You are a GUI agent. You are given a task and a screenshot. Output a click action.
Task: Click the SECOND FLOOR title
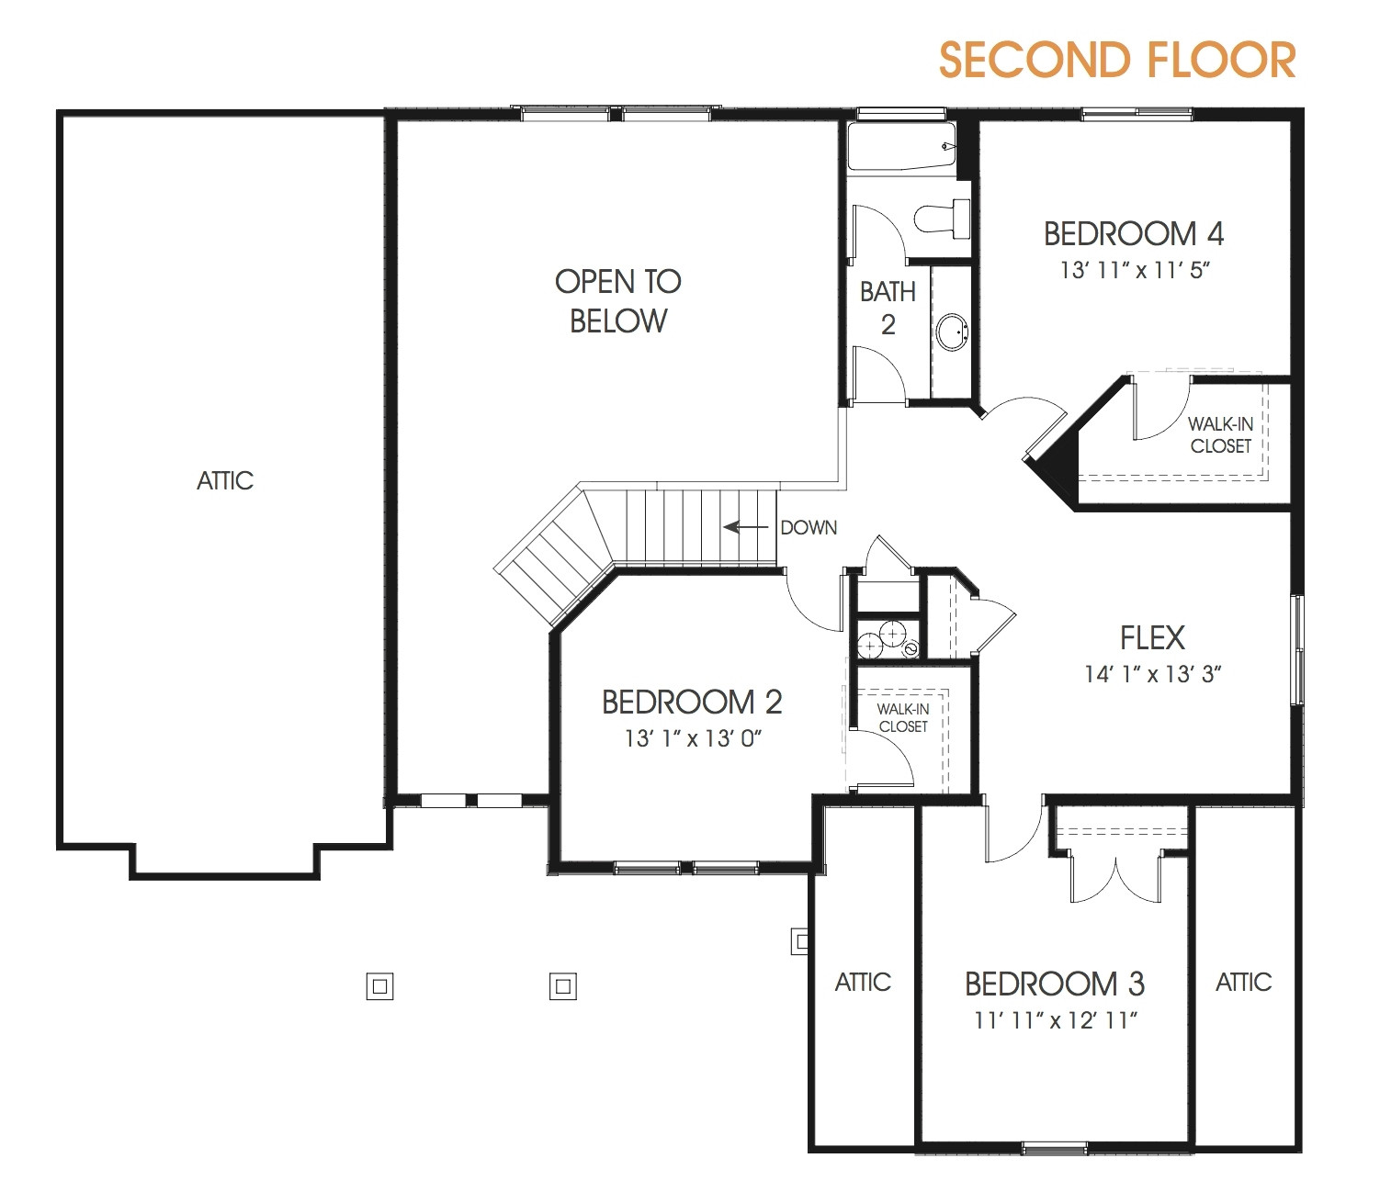point(1116,61)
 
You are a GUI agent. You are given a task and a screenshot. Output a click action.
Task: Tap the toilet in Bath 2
point(941,218)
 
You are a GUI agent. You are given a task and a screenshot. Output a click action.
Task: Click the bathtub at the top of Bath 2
point(901,148)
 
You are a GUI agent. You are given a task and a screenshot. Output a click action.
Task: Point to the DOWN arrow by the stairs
point(745,527)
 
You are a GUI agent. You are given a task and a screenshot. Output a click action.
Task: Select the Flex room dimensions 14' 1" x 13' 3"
point(1152,674)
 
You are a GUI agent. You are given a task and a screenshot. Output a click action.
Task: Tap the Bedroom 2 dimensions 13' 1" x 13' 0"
point(693,738)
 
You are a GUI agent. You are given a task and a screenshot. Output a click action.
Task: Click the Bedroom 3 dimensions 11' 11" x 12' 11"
point(1056,1020)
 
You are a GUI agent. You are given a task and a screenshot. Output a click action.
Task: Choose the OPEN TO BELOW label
point(618,300)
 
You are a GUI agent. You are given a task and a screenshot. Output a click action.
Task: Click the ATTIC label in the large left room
point(225,480)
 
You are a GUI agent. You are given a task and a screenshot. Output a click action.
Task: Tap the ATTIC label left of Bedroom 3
point(863,983)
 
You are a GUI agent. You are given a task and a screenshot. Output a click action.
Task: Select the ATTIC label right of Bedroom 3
point(1243,983)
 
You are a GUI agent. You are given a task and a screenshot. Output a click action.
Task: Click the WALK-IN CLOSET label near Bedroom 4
point(1220,435)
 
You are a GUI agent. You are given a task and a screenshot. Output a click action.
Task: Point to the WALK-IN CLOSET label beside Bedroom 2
point(902,717)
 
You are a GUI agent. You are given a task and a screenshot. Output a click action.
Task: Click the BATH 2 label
point(888,308)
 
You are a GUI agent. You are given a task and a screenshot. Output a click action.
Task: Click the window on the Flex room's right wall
point(1297,649)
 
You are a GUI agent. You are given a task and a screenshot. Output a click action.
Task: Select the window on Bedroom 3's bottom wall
point(1055,1146)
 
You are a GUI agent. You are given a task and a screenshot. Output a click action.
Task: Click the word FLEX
point(1152,637)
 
